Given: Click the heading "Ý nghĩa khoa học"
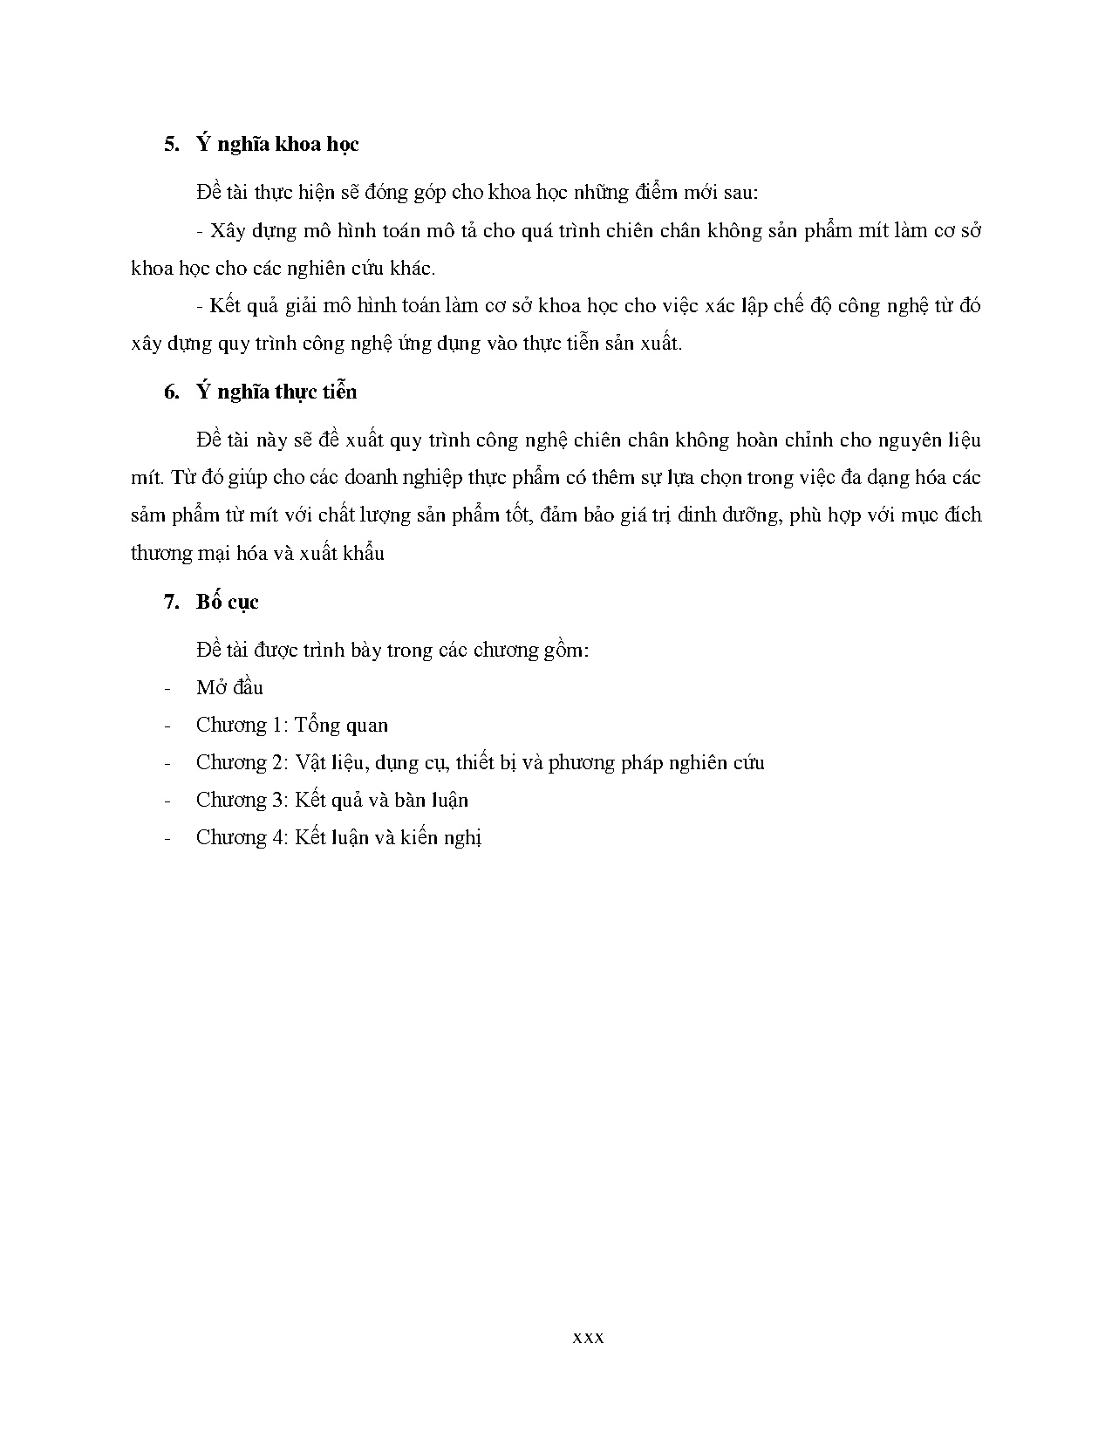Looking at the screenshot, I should tap(277, 145).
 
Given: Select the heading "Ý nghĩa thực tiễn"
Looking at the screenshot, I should tap(276, 392).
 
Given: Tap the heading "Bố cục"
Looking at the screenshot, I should tap(227, 603).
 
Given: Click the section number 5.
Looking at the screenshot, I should tap(170, 145).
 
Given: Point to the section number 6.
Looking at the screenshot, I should tap(170, 392).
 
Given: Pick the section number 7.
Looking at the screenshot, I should tap(170, 603).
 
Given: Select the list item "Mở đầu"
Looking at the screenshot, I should tap(229, 688).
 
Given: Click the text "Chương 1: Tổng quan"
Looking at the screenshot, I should tap(292, 726).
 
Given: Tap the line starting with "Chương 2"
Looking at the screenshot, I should tap(480, 763).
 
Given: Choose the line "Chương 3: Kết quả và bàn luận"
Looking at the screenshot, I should tap(332, 801).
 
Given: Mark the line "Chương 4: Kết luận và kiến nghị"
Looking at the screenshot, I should tap(338, 838).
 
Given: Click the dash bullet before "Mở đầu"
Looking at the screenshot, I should tap(167, 688).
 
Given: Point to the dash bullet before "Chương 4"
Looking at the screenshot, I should tap(167, 838).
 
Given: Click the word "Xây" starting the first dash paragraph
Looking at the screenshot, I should tap(229, 233).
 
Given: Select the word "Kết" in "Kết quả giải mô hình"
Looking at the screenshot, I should tap(229, 307).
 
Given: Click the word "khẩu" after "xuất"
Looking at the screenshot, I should tap(362, 554).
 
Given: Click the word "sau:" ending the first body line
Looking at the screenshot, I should tap(739, 193).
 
